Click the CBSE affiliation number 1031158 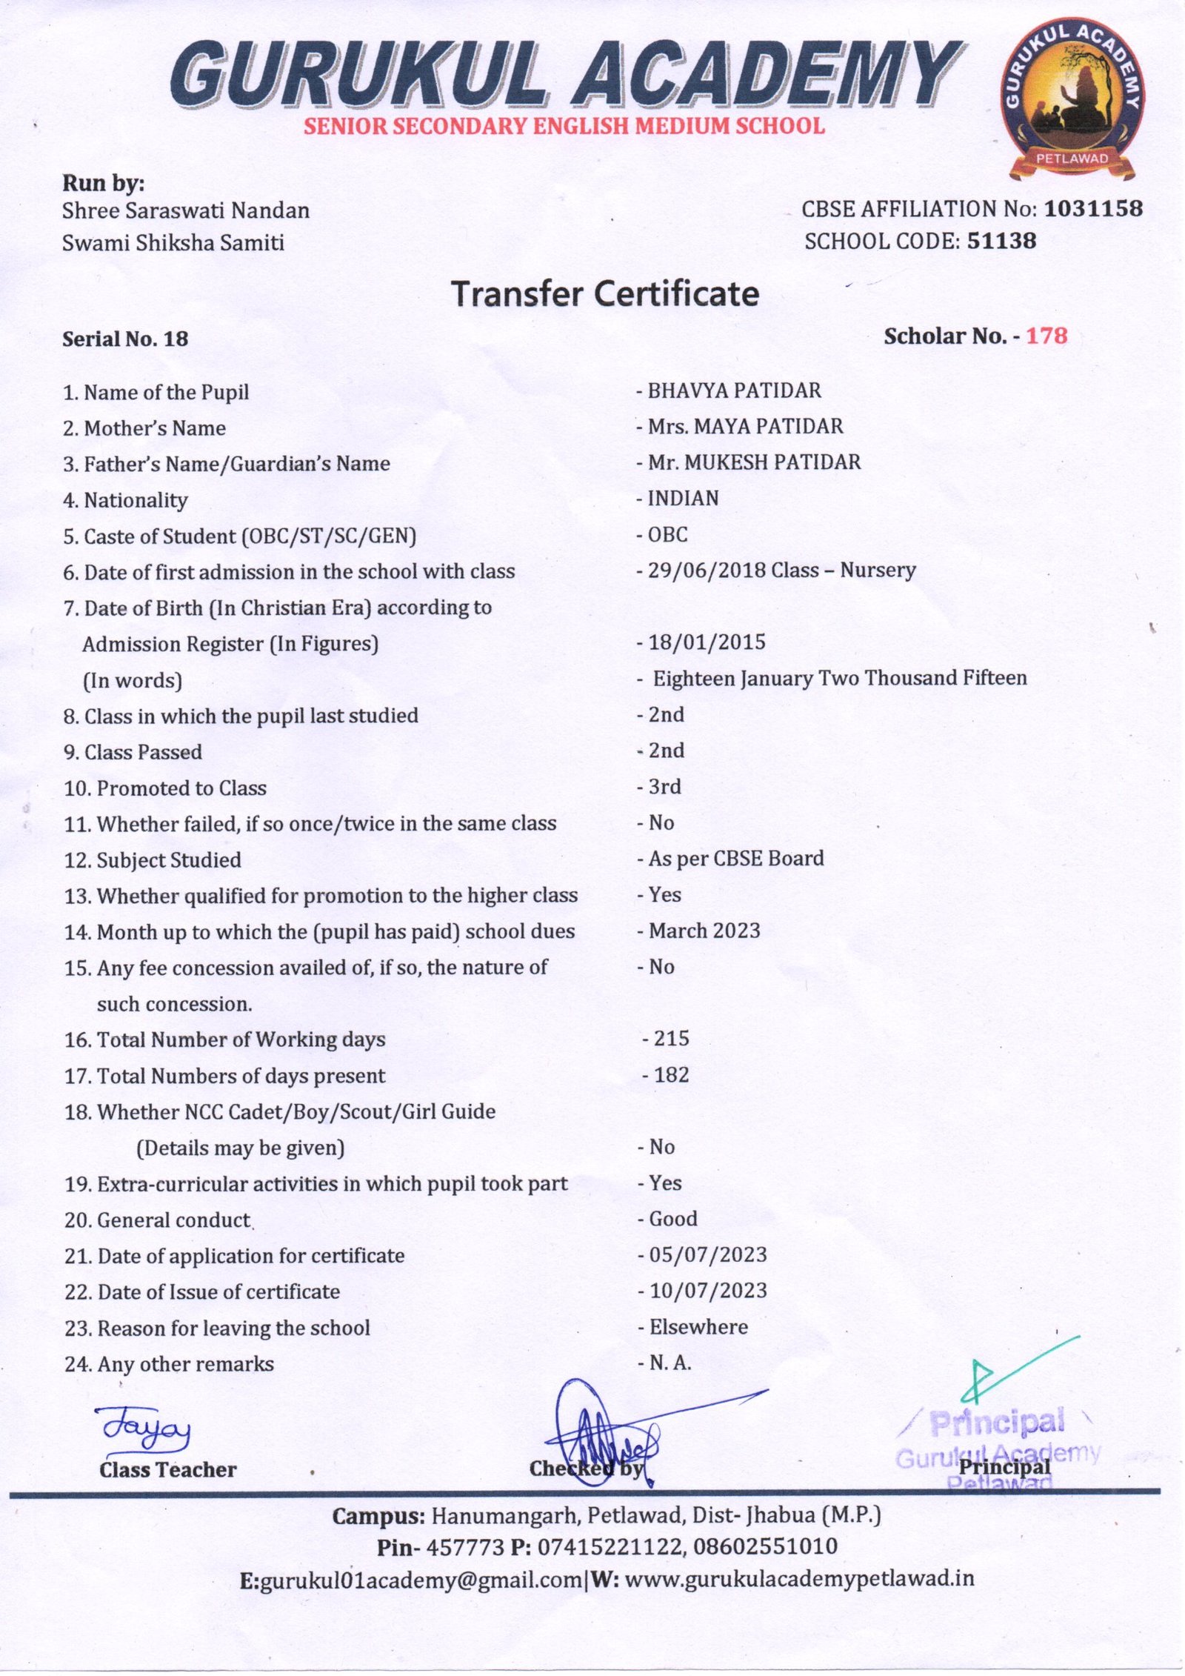pos(1093,209)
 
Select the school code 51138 pos(1001,241)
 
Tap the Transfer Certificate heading pos(605,293)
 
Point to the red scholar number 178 pos(1047,336)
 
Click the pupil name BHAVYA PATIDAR pos(734,390)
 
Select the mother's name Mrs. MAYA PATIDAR pos(745,426)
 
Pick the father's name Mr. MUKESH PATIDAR pos(754,462)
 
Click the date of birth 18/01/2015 pos(707,642)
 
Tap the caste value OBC pos(667,534)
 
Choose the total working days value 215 pos(671,1038)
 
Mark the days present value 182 pos(671,1074)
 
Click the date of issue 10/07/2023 pos(708,1291)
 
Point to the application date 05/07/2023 pos(708,1254)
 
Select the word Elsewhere pos(698,1327)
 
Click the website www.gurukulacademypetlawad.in pos(800,1579)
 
